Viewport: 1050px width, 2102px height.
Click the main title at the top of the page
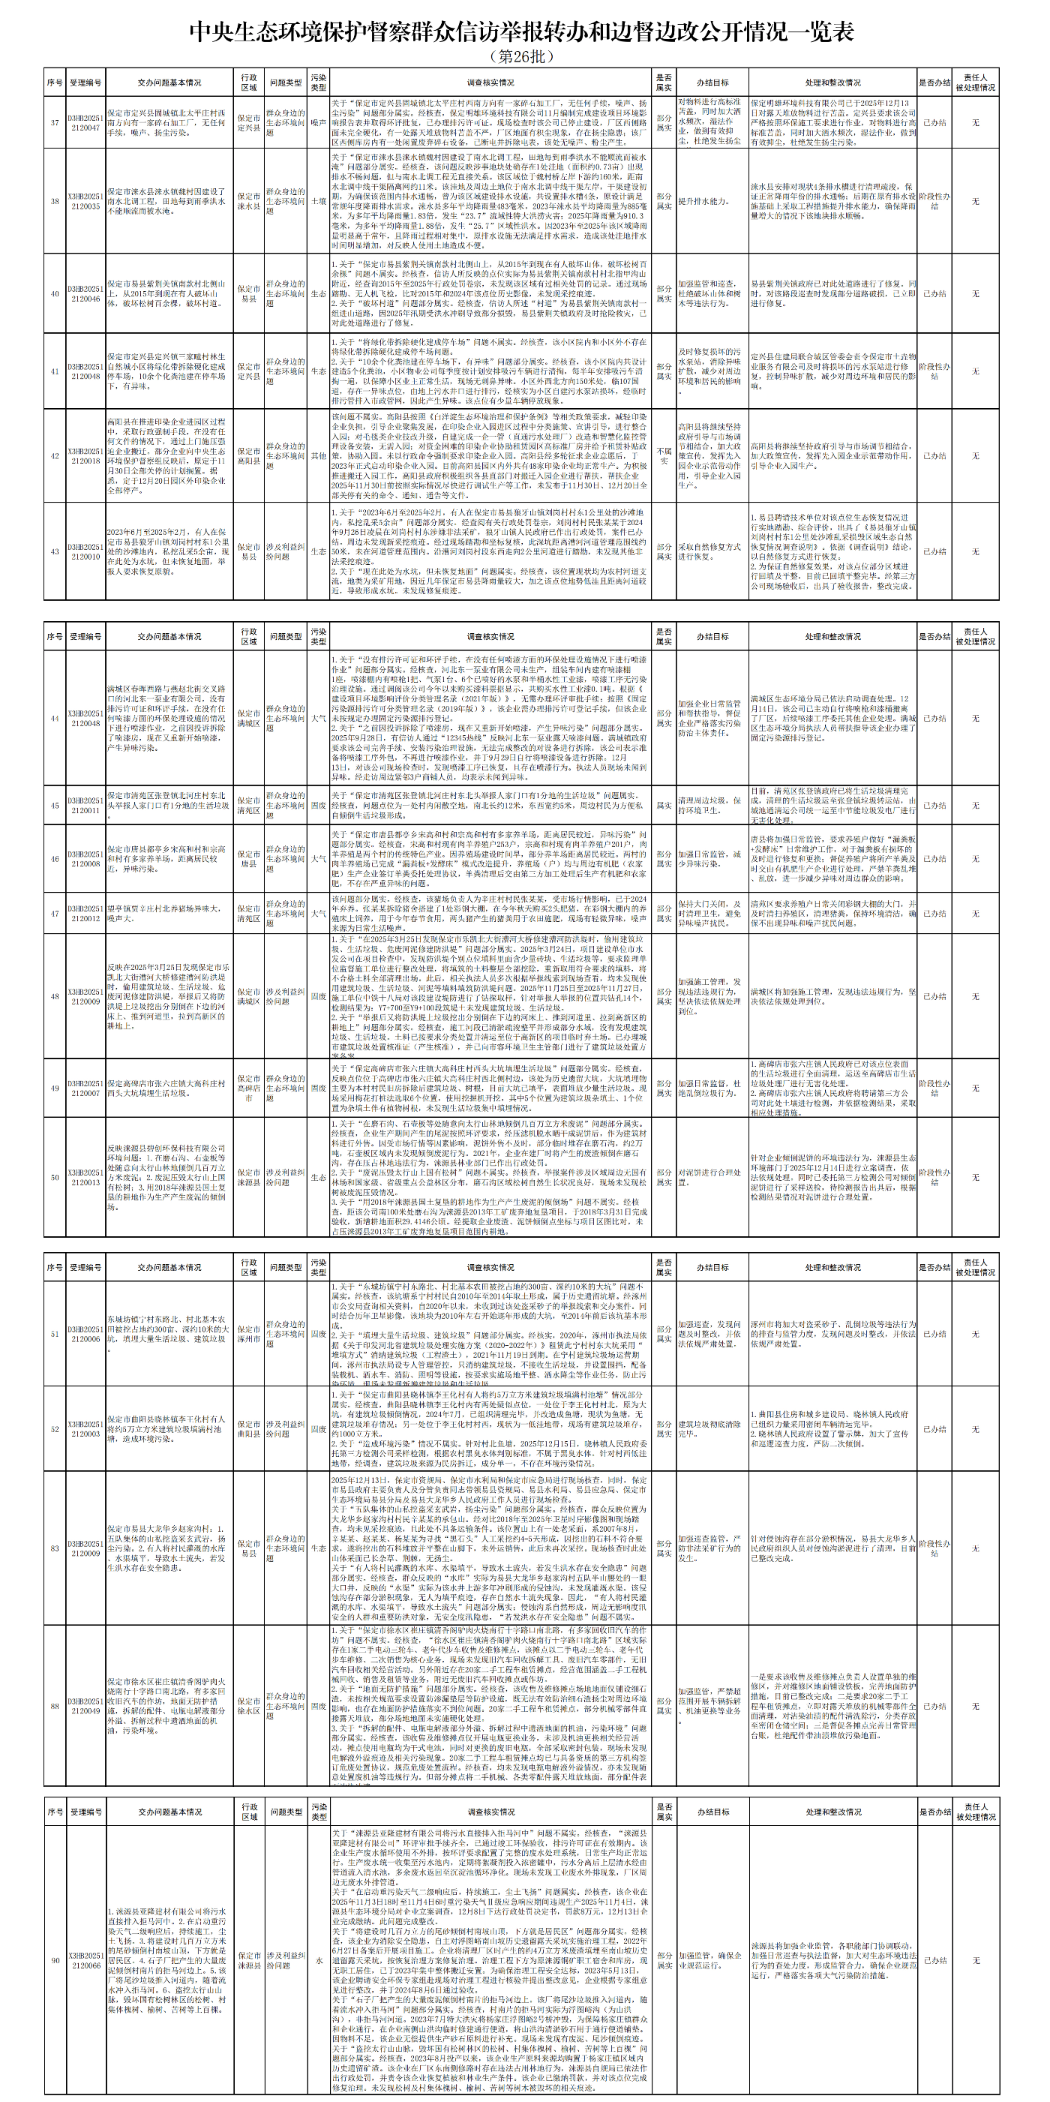coord(522,31)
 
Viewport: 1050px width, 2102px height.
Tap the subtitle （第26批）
coord(522,56)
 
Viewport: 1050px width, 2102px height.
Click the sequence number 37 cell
coord(55,122)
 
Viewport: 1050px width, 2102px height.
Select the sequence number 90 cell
coord(55,1960)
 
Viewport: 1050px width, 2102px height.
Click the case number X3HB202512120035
coord(85,201)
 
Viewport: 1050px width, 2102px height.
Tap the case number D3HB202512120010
coord(85,551)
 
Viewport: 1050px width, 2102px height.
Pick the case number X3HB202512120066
coord(85,1960)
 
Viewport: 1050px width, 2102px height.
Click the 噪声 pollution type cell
coord(318,122)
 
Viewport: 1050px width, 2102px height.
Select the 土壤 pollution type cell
coord(318,201)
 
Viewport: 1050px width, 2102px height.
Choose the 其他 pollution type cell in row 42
coord(318,455)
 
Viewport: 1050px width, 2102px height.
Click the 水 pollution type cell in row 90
coord(318,1960)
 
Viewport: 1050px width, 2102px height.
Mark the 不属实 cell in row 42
coord(664,455)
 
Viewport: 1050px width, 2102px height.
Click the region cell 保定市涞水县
coord(249,201)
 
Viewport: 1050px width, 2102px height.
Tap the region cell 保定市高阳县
coord(249,455)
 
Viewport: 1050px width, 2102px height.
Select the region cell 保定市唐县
coord(249,858)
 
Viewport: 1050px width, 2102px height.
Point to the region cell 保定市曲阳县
coord(249,1429)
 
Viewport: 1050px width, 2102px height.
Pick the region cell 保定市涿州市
coord(249,1333)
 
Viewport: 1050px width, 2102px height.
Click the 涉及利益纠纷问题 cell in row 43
coord(286,551)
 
